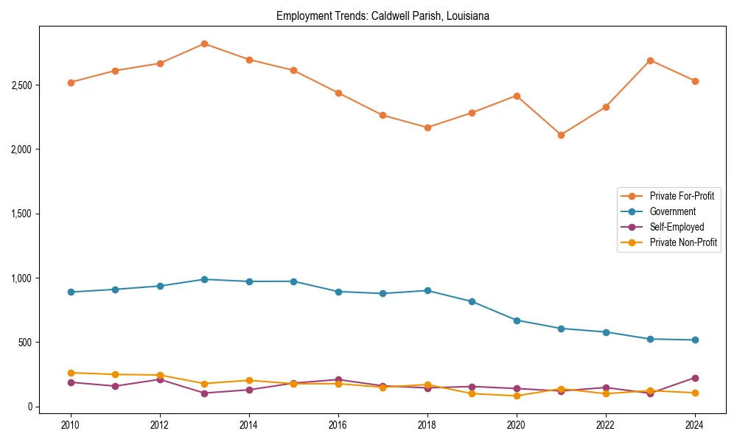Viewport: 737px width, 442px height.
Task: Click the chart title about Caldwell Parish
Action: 382,15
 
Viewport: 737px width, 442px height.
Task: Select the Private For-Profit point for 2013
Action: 204,43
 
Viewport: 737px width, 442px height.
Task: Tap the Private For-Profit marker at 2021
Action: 561,135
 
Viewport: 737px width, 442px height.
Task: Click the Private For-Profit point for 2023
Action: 650,60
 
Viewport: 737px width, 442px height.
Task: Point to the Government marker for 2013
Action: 204,279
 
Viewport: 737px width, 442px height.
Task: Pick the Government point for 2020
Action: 517,320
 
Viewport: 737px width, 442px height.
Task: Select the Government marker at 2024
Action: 695,340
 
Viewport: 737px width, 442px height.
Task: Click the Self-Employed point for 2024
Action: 695,378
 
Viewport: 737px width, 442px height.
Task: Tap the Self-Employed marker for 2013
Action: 204,393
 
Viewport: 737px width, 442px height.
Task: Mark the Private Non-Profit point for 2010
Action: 71,373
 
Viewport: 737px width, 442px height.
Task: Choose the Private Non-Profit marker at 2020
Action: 517,396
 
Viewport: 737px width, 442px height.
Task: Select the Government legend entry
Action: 672,211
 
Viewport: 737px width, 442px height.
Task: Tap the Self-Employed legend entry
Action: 677,227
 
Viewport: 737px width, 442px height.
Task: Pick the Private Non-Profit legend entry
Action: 683,242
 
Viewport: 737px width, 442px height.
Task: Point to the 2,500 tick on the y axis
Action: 21,85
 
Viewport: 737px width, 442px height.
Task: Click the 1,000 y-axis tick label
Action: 21,278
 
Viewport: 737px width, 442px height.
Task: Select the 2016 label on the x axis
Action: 338,425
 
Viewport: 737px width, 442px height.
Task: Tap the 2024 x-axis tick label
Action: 695,425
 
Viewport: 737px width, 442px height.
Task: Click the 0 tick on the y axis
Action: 29,407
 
